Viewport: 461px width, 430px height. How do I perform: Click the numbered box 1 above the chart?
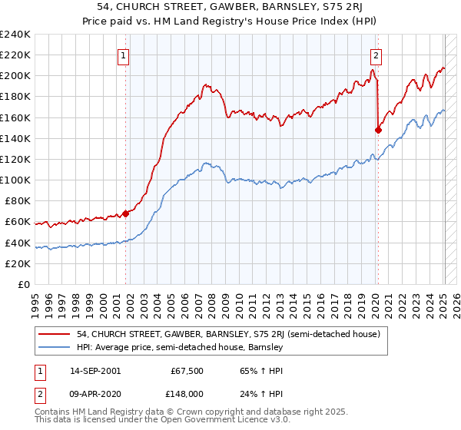[x=124, y=55]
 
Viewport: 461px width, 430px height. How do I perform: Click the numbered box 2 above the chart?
[x=376, y=55]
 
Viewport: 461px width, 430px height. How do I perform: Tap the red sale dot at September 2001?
[x=126, y=214]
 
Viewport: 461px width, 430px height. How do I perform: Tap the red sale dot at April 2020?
[x=378, y=131]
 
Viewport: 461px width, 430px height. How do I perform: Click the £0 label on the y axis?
[x=23, y=284]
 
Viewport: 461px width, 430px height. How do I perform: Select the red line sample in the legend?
[x=54, y=334]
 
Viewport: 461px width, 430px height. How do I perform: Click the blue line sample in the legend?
[x=54, y=348]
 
